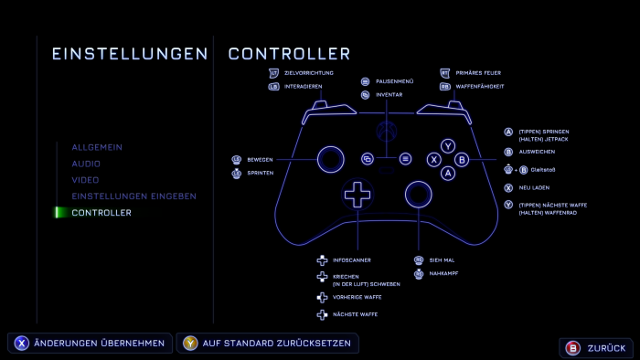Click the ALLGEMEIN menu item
97,147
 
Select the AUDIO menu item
86,164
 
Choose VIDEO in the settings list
85,180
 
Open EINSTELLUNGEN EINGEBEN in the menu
133,196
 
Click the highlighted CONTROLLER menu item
101,213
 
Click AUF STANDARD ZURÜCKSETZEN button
268,344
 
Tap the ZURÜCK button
596,348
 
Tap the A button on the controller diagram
448,172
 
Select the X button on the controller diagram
434,159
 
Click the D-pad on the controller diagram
357,193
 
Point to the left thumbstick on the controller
330,159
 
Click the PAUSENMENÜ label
395,80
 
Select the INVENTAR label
389,94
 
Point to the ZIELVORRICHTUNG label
309,72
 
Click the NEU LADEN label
533,187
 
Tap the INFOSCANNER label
352,260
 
